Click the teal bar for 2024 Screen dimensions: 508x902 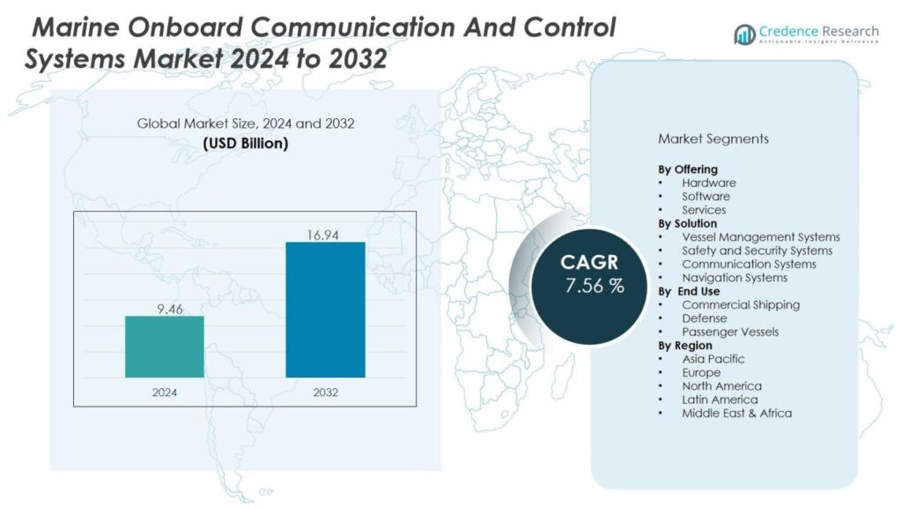pos(164,347)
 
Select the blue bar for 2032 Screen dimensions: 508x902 pos(325,310)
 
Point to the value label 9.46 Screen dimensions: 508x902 pos(164,308)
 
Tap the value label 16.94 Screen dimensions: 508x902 pos(325,234)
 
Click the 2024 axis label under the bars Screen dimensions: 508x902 pos(164,392)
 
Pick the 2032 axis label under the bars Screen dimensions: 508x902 pos(325,392)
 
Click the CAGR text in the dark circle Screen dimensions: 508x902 pos(589,263)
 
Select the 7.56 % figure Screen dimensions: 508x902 pos(595,287)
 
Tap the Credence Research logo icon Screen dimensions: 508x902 pos(745,34)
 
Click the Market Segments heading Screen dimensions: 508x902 pos(713,138)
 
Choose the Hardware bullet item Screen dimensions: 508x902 pos(708,183)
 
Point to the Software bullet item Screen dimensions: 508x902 pos(706,196)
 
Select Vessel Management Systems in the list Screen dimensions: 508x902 pos(760,236)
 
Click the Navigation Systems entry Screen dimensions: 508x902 pos(735,278)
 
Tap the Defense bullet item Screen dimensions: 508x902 pos(704,317)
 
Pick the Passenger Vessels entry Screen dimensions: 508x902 pos(730,332)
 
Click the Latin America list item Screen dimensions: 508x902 pos(719,400)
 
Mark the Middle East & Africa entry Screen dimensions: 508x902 pos(736,413)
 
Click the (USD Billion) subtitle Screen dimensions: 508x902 pos(245,143)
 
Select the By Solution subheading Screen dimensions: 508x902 pos(687,223)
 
